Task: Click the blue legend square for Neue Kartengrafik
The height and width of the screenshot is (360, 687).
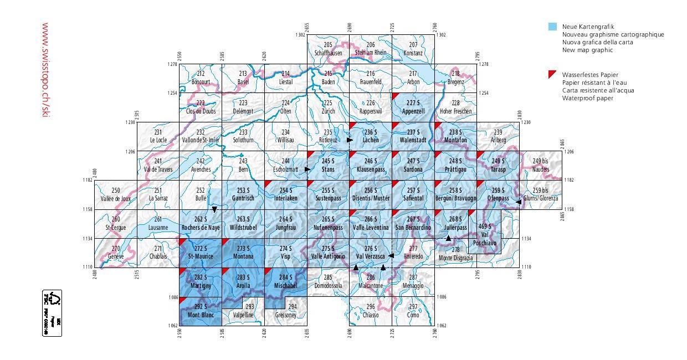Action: (552, 27)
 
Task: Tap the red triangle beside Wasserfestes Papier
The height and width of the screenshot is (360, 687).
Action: (552, 74)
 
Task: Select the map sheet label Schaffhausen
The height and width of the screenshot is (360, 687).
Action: (328, 53)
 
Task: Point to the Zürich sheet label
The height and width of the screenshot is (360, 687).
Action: (328, 111)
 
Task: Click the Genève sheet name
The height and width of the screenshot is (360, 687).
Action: (116, 256)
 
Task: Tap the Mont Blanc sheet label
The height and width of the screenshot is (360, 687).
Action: (201, 315)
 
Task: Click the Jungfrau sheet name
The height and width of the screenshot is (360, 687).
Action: (285, 228)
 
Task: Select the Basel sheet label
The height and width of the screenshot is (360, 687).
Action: (243, 82)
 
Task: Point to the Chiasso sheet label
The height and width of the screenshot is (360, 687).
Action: (371, 315)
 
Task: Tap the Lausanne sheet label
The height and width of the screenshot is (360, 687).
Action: (158, 228)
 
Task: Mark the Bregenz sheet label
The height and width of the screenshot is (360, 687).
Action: (455, 82)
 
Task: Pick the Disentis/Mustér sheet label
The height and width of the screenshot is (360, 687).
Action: (371, 198)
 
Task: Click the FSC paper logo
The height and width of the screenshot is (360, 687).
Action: (52, 313)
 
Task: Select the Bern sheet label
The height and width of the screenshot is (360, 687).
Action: (243, 169)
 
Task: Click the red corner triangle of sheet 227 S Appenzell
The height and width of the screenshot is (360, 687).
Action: (395, 96)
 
